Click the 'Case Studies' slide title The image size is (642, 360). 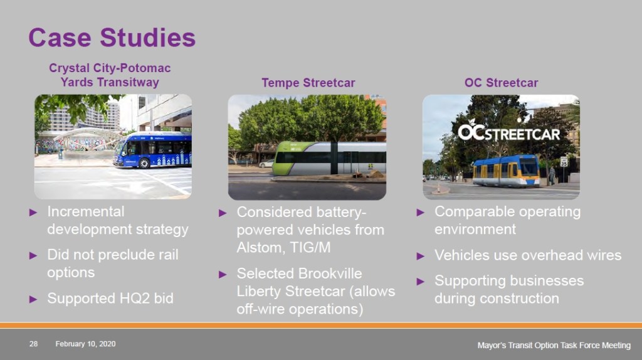click(112, 38)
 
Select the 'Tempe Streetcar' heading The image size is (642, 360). click(308, 83)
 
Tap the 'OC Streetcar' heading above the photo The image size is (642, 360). click(501, 83)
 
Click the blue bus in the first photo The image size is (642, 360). click(152, 150)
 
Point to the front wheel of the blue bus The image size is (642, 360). click(144, 162)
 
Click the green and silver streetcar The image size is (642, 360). click(330, 158)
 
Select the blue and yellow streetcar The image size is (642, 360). click(506, 171)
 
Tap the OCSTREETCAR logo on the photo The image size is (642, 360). click(508, 131)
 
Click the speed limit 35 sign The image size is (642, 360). click(564, 161)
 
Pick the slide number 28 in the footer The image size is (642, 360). click(34, 344)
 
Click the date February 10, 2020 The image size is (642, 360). click(85, 344)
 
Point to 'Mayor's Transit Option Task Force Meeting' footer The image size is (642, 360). click(554, 345)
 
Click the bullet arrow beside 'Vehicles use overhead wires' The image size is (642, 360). click(421, 257)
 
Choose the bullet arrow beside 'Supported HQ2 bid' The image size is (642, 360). click(33, 299)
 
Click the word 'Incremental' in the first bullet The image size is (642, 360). click(85, 211)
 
